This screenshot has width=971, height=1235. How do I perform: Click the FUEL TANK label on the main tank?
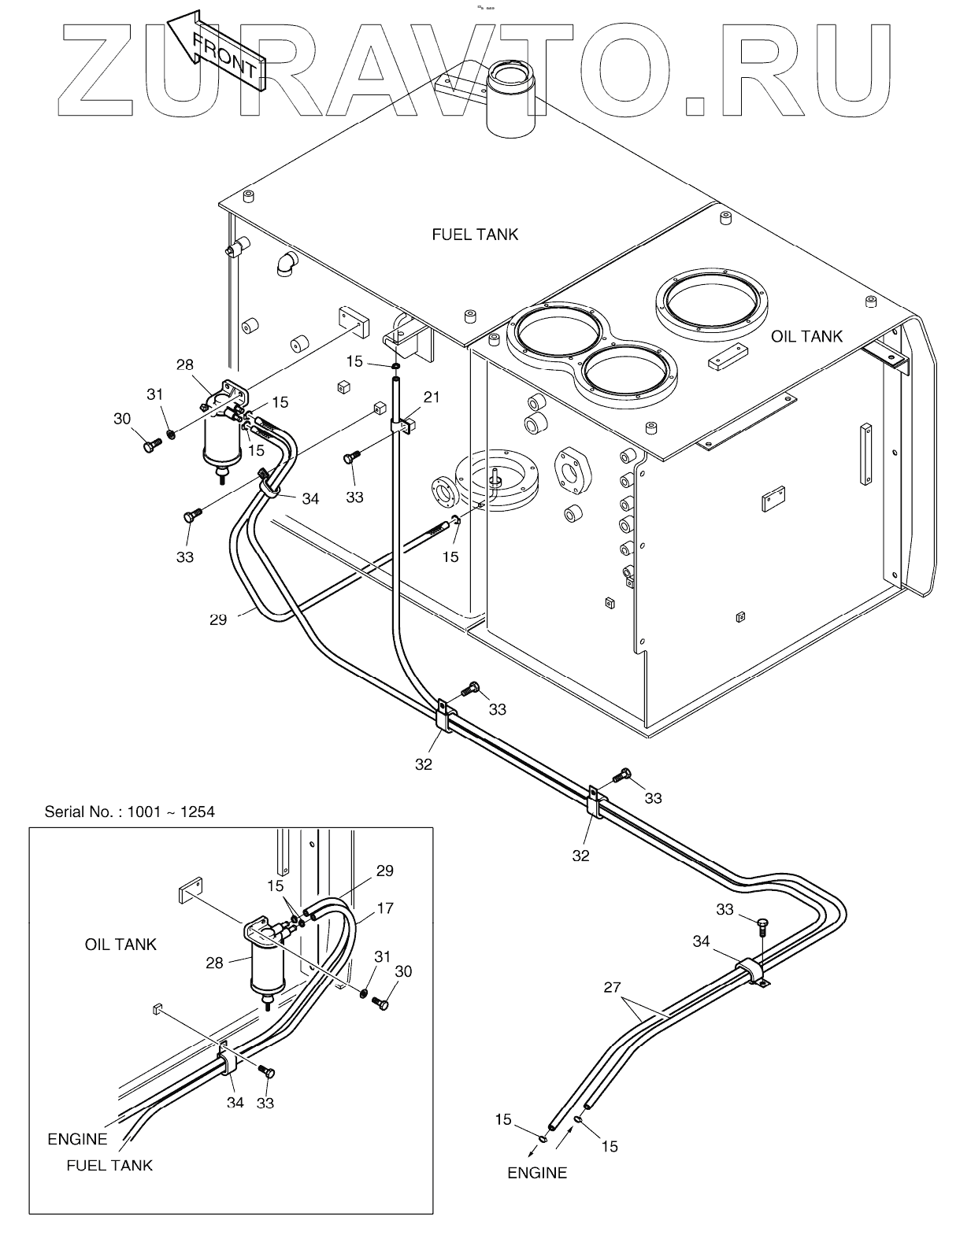coord(475,234)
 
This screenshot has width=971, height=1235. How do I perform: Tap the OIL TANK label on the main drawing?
coord(806,337)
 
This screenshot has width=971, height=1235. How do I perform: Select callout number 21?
coord(432,397)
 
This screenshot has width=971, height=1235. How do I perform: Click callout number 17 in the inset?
coord(385,908)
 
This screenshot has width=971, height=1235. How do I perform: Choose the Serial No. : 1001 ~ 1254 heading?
coord(129,812)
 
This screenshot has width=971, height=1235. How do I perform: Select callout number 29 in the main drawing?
coord(218,619)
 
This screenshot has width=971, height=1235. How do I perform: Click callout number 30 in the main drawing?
coord(122,419)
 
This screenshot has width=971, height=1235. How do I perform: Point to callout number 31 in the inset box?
coord(382,956)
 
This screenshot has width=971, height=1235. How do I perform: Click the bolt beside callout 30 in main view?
coord(152,446)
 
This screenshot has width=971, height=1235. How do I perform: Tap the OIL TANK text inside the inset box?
coord(120,944)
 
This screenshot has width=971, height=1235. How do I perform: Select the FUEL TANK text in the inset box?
coord(109,1165)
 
